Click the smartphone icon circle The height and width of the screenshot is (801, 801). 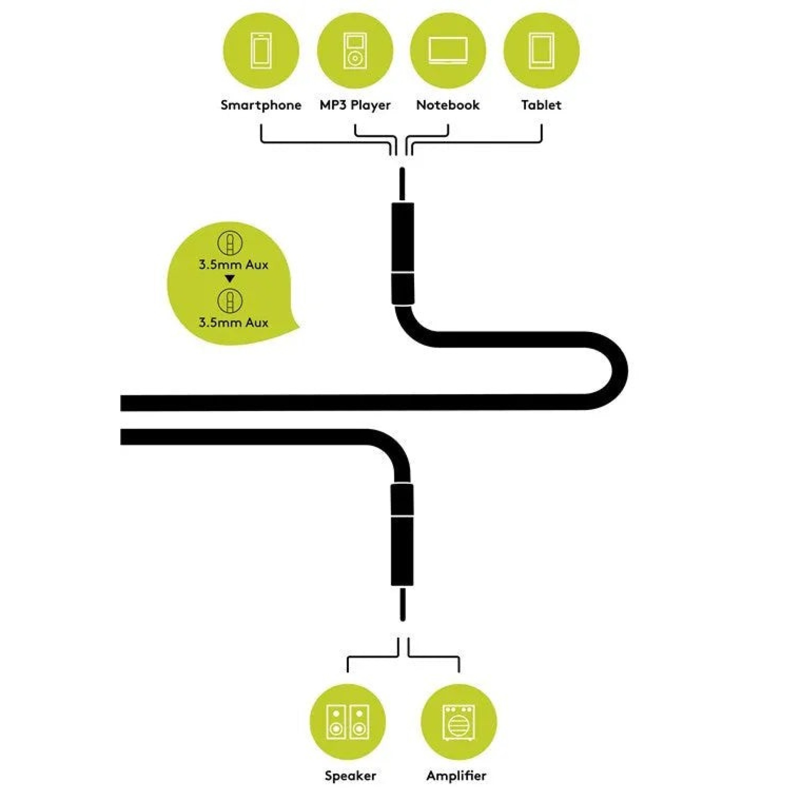(x=261, y=50)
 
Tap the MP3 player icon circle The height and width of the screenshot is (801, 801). (x=355, y=50)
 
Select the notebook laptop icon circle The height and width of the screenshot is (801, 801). (x=448, y=50)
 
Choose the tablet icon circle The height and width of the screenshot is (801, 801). (x=541, y=50)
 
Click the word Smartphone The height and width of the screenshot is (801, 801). (x=261, y=105)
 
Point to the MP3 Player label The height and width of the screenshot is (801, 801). (x=355, y=105)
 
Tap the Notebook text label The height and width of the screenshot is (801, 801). (x=448, y=105)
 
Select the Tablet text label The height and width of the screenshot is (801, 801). (x=541, y=105)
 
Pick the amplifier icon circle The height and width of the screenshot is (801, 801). (x=459, y=722)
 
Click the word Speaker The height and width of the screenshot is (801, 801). (x=350, y=776)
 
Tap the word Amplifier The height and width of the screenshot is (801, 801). (x=456, y=776)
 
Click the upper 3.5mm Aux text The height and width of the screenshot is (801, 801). (x=233, y=264)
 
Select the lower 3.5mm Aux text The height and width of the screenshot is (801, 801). (x=233, y=322)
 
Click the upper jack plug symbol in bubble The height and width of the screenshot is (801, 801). (x=231, y=244)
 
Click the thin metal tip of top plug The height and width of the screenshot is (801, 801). (x=402, y=185)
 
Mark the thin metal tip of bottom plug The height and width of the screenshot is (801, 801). (x=402, y=603)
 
